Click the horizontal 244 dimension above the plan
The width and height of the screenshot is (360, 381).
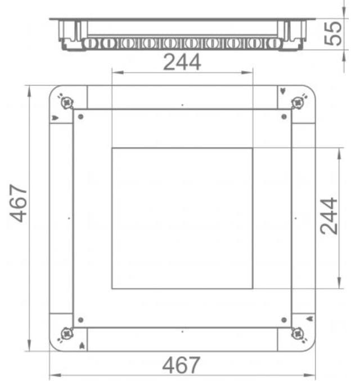click(x=182, y=62)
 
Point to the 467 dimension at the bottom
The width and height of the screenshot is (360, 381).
click(x=181, y=366)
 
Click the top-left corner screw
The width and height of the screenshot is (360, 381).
click(x=67, y=102)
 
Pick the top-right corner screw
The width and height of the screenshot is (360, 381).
click(x=298, y=102)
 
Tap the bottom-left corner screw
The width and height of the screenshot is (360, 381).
click(x=66, y=333)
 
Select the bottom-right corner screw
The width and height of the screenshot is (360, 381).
click(x=298, y=333)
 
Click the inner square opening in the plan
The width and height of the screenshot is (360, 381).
click(x=182, y=218)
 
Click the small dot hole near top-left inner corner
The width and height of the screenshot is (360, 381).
click(x=81, y=116)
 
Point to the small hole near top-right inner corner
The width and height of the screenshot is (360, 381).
click(x=283, y=116)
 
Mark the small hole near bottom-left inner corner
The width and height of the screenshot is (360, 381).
click(x=81, y=320)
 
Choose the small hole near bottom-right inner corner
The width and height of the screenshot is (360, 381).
click(x=283, y=320)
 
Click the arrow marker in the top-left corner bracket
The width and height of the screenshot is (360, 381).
click(x=55, y=118)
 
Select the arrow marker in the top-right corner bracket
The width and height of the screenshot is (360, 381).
click(x=282, y=91)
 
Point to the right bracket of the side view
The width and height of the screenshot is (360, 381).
click(x=294, y=33)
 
